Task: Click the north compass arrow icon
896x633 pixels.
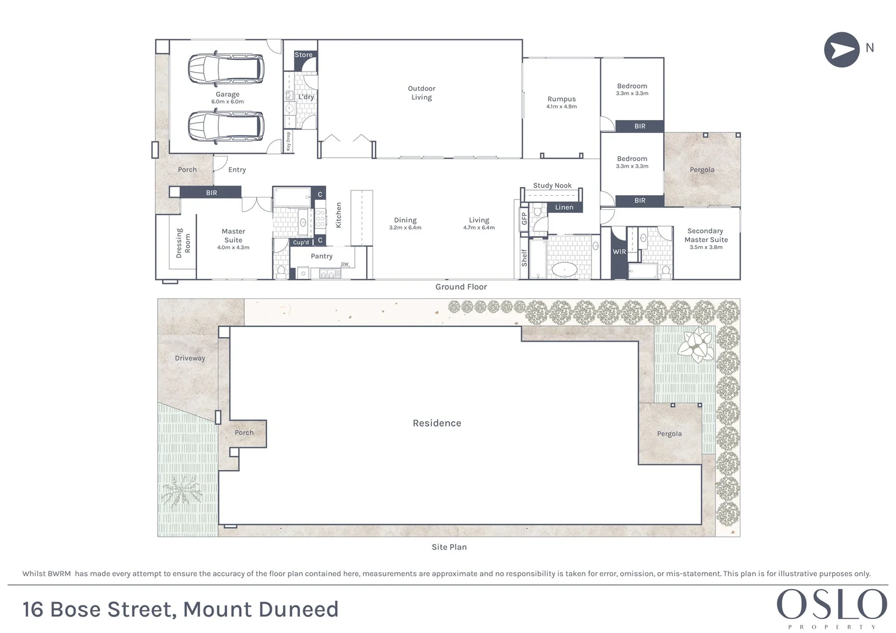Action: (x=841, y=50)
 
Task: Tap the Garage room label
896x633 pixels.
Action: (x=227, y=94)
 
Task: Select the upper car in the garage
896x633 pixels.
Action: (x=226, y=69)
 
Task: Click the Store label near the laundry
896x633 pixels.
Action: (x=303, y=55)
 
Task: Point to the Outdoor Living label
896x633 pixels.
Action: (x=421, y=93)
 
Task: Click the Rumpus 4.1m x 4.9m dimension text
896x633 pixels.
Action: (x=562, y=107)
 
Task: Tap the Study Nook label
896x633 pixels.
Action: (x=552, y=186)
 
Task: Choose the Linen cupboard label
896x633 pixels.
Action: (x=564, y=207)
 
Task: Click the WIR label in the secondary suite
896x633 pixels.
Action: (x=619, y=252)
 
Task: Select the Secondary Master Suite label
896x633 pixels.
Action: (x=706, y=235)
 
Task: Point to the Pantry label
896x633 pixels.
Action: (x=322, y=256)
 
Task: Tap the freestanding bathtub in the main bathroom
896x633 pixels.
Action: (x=564, y=270)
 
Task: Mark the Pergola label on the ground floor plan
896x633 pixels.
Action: (x=702, y=170)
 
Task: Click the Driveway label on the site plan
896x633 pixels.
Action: (x=190, y=358)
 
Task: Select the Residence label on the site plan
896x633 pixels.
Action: (x=437, y=423)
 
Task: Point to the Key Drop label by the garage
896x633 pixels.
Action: (x=288, y=141)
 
